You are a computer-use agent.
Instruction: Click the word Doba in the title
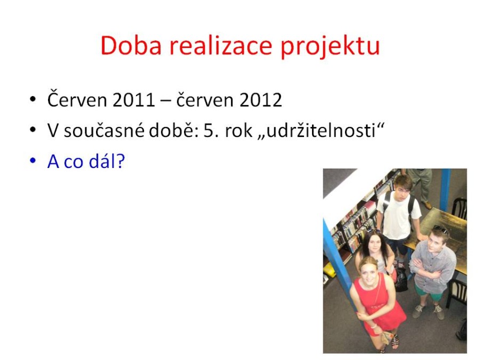131,45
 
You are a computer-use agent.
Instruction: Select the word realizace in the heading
221,45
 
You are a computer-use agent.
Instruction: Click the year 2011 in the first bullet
134,100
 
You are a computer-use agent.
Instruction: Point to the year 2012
260,100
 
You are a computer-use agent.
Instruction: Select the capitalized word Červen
78,99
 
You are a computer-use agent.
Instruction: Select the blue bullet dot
33,161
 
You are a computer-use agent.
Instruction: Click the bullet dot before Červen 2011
33,100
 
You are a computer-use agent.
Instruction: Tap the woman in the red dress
376,301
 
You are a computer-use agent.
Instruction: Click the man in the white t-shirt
397,214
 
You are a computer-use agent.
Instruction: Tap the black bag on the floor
401,279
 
